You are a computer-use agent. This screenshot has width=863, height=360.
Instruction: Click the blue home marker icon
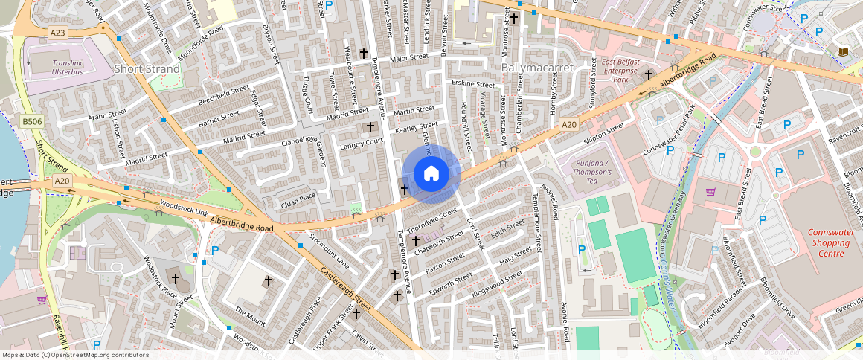[431, 174]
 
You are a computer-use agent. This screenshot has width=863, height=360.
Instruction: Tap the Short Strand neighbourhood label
[147, 69]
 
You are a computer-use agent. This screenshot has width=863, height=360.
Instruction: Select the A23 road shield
[58, 33]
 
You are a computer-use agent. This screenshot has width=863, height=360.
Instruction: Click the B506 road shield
[32, 121]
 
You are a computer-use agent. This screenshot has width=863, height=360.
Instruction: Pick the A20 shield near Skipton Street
[568, 124]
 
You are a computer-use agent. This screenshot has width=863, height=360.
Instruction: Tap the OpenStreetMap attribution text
[75, 355]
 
